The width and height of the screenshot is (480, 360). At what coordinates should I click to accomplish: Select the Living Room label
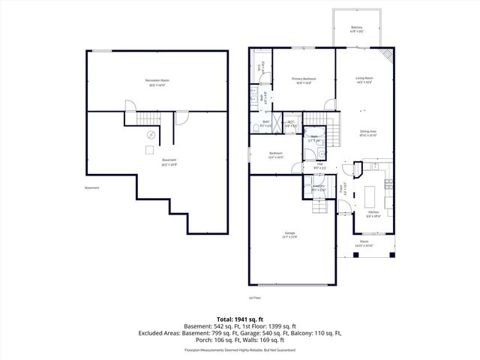364,79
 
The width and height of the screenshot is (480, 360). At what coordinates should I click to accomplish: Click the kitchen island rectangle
370,196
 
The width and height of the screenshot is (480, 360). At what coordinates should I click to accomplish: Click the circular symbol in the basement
151,135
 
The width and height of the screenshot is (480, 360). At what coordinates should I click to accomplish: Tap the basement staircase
147,120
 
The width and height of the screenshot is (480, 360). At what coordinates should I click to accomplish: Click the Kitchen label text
373,213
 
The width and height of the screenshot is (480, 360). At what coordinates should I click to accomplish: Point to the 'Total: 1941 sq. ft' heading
240,319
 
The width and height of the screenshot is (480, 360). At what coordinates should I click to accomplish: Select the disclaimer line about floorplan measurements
240,350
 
